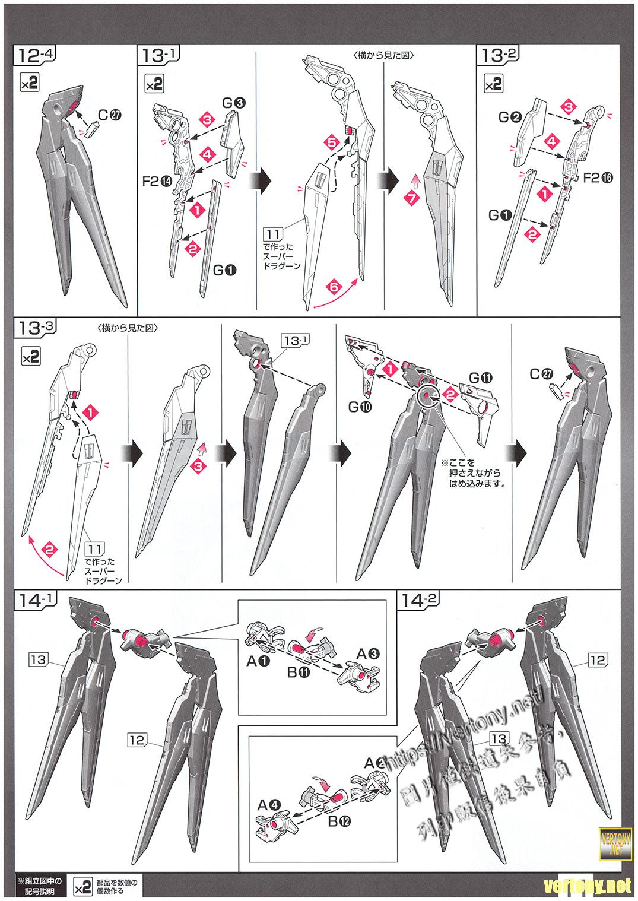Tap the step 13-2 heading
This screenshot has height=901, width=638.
[499, 57]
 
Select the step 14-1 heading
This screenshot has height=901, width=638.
[37, 601]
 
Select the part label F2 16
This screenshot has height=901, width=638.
[597, 177]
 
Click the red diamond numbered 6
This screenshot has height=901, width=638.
[334, 287]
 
